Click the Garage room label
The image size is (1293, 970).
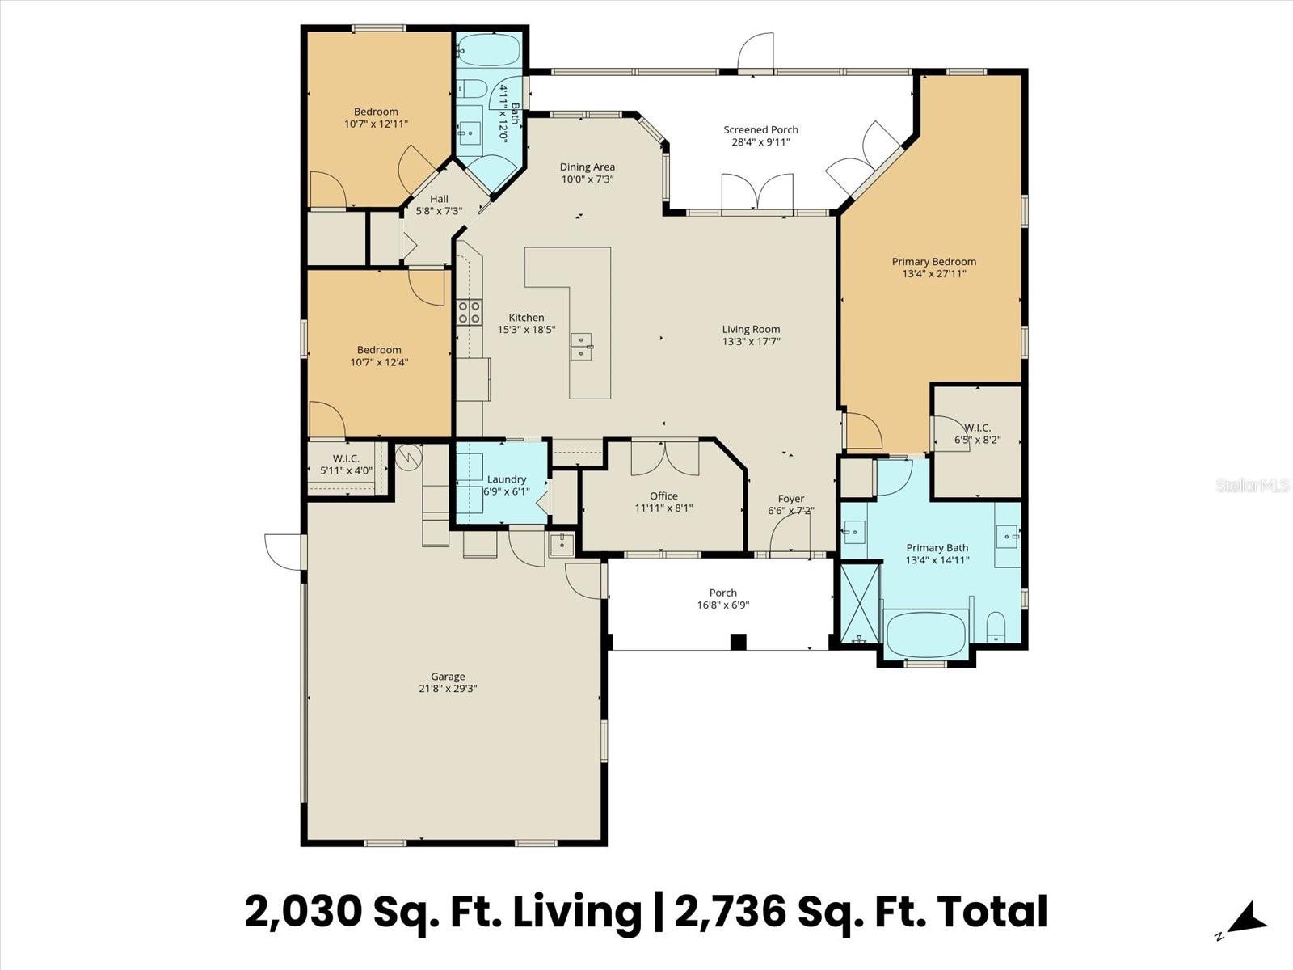(448, 677)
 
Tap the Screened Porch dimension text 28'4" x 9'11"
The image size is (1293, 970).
(760, 142)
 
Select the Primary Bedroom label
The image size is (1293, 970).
(933, 261)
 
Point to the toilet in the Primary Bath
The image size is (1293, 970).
(996, 626)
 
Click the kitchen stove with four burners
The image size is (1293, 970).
(470, 311)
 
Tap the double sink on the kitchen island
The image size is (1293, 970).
(581, 346)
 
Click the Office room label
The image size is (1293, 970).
(663, 496)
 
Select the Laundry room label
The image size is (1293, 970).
(507, 479)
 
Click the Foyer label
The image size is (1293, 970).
(790, 499)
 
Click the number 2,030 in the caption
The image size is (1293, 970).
(303, 911)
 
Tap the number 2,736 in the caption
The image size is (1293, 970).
(730, 911)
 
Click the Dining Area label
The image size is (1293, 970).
(588, 167)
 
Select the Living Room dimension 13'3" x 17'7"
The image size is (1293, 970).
(751, 341)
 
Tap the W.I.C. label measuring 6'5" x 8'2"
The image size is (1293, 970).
(977, 428)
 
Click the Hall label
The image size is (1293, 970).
(439, 199)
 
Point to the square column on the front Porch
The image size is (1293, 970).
(737, 642)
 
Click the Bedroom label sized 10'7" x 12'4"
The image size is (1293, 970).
(379, 350)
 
